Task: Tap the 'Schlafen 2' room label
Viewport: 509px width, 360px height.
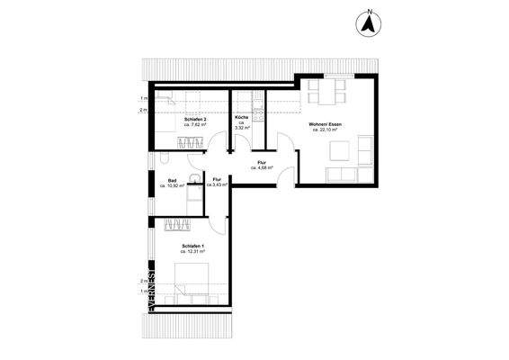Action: (196, 119)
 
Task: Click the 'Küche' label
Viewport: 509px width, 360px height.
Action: (242, 119)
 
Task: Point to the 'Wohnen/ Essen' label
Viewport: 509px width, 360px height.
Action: (326, 124)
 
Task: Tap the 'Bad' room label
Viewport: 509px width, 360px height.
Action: (172, 181)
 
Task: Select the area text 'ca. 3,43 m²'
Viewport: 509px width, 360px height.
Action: (217, 184)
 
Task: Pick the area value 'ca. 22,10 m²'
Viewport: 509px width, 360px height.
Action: (326, 130)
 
